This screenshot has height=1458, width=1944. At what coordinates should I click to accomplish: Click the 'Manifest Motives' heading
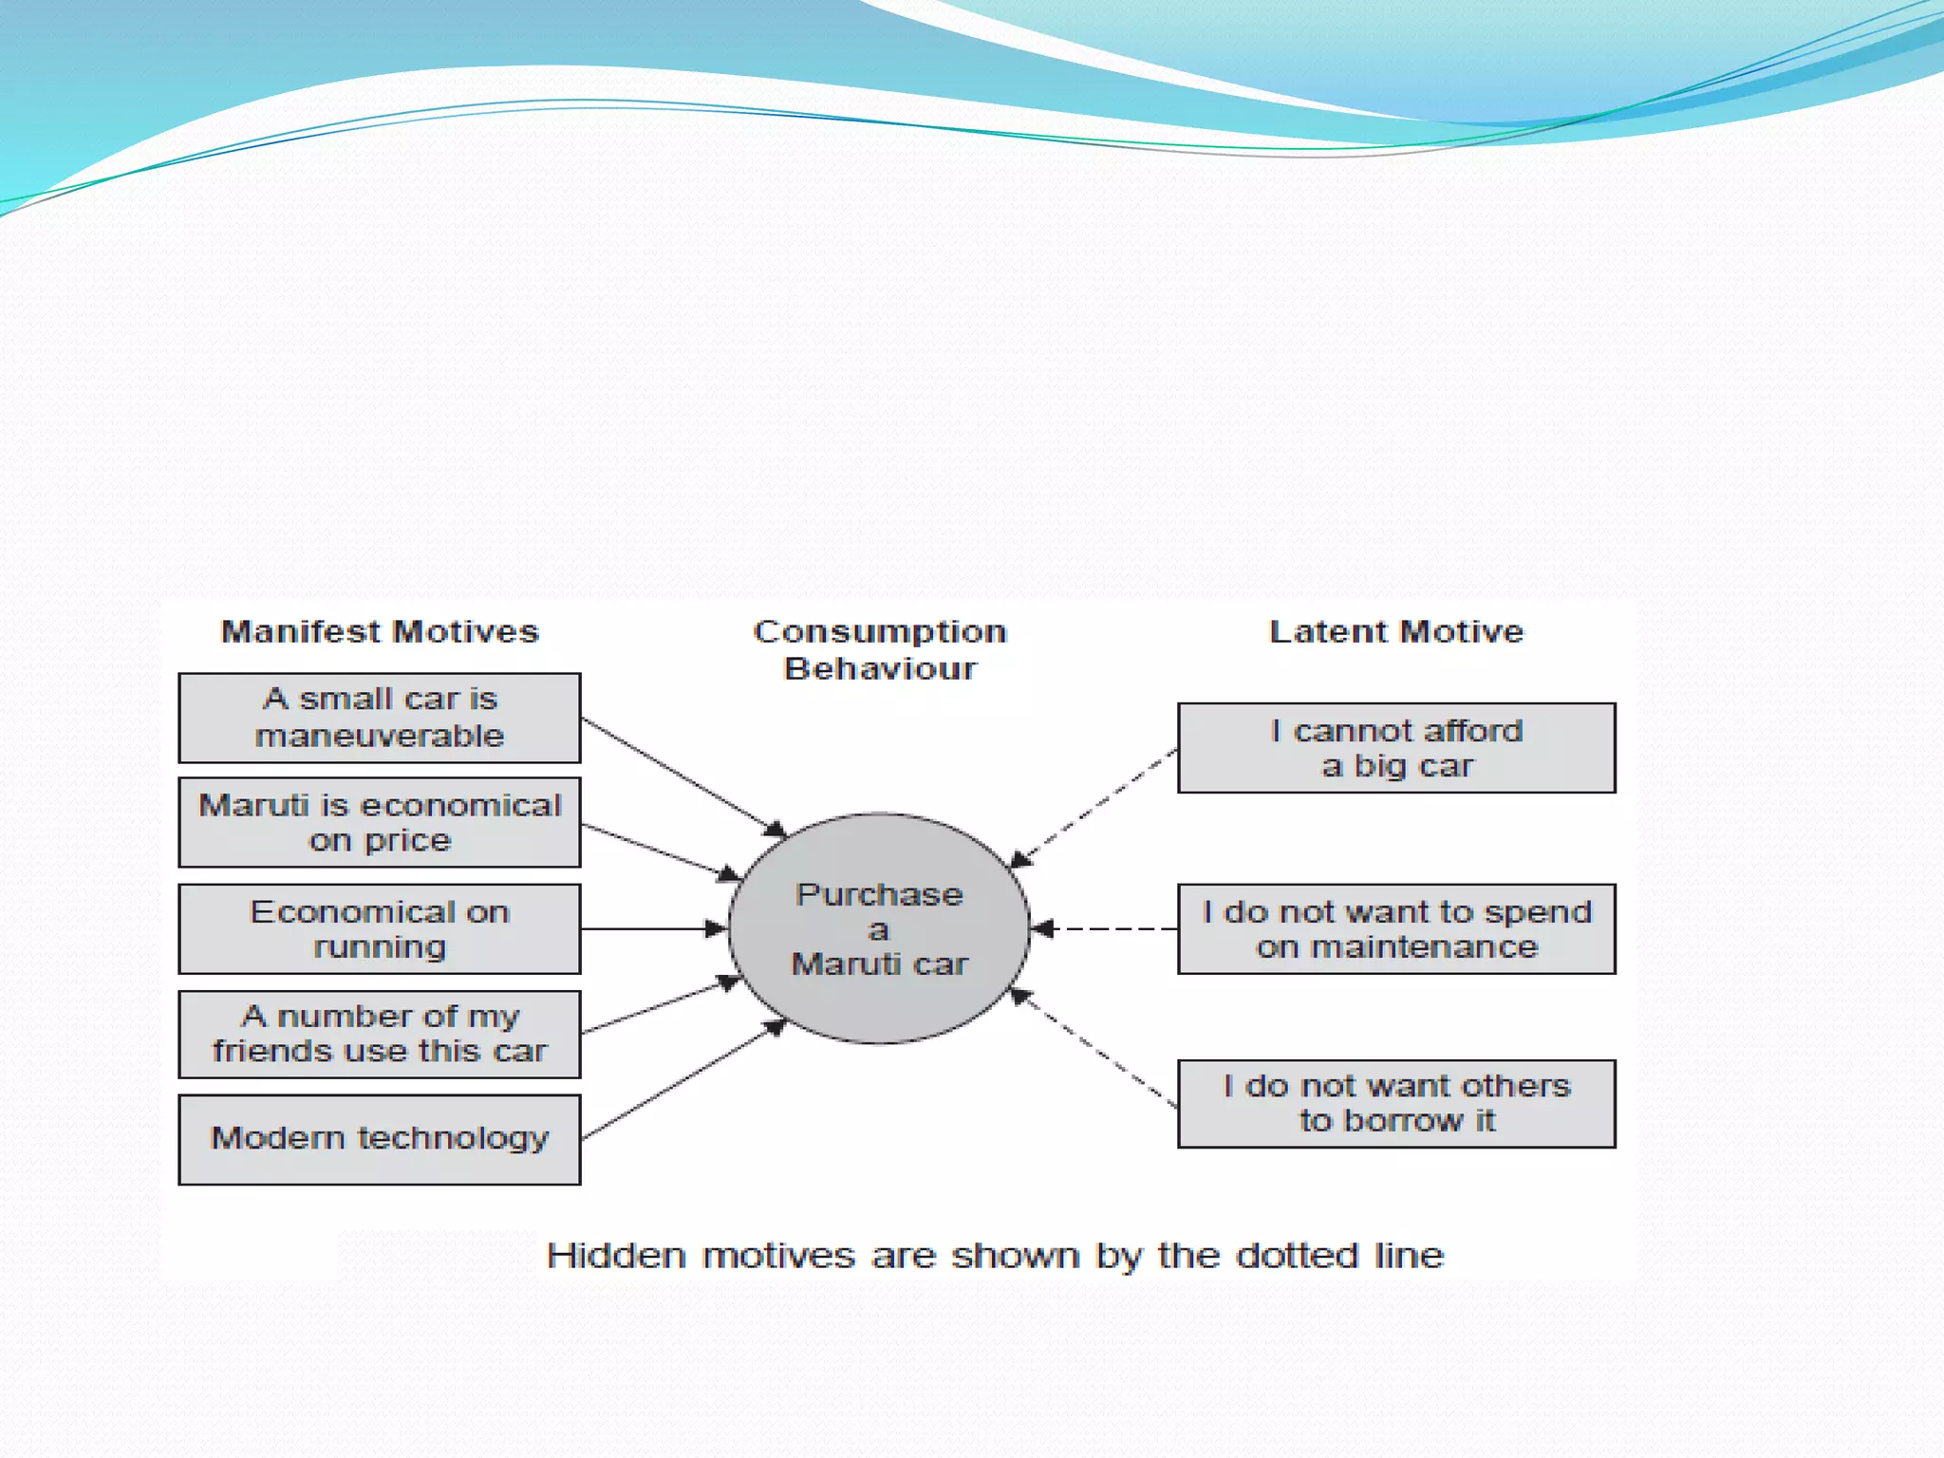[x=380, y=631]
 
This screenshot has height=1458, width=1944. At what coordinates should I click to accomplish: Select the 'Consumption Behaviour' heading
[x=880, y=649]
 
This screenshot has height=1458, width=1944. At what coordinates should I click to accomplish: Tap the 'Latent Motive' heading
[x=1396, y=631]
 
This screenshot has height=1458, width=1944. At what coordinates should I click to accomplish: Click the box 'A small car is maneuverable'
[x=380, y=718]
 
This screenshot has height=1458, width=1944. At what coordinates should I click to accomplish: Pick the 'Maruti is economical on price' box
[x=380, y=822]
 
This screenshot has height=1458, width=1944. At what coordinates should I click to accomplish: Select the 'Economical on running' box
[x=380, y=928]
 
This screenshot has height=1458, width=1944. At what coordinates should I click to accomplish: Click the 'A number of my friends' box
[x=380, y=1034]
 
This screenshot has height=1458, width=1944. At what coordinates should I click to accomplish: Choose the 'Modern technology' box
[x=380, y=1138]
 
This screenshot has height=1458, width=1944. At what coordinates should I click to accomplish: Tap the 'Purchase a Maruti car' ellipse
[x=879, y=928]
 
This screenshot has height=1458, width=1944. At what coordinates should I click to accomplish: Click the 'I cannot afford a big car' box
[x=1396, y=748]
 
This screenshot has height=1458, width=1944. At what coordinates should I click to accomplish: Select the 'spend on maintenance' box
[x=1396, y=928]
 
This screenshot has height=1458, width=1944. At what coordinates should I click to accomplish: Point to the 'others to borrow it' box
[x=1396, y=1103]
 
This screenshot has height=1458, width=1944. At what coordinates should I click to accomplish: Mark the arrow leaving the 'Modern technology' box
[x=683, y=1080]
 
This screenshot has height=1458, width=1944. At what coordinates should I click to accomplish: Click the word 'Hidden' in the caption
[x=616, y=1255]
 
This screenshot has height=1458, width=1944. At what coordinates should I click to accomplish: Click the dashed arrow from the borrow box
[x=1093, y=1048]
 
